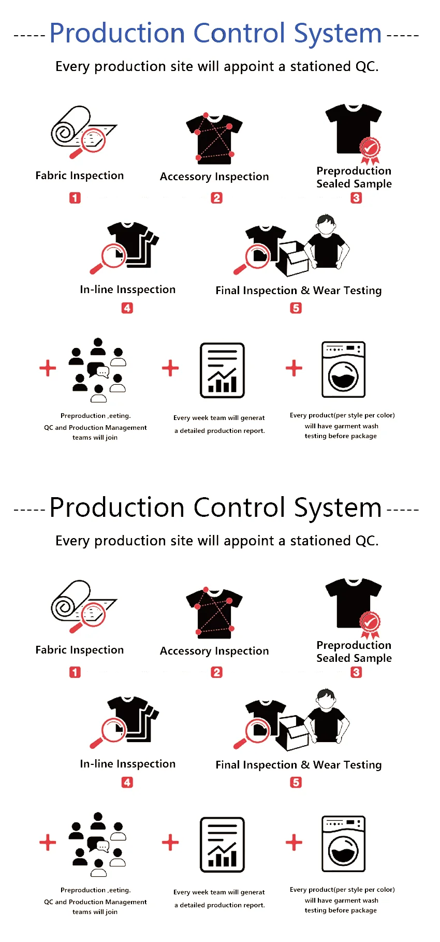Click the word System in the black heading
coord(338,508)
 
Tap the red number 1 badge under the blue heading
coord(75,198)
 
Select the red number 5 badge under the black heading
coord(296,782)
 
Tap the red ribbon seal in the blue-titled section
coord(370,150)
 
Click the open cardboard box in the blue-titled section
coord(292,257)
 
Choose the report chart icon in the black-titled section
coord(222,845)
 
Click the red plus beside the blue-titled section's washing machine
coord(294,368)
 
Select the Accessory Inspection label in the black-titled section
coord(214,651)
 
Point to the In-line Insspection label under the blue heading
coord(127,289)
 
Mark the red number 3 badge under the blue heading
coord(356,198)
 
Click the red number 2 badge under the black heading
coord(216,672)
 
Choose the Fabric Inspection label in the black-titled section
coord(80,650)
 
